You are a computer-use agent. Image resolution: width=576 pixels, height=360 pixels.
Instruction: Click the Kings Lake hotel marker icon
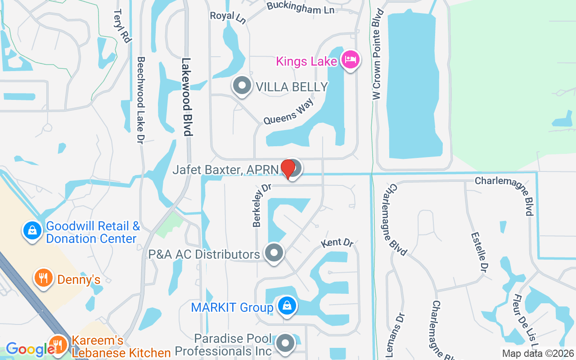click(x=351, y=59)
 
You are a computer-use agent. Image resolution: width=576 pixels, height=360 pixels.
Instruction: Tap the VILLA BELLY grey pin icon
click(x=242, y=85)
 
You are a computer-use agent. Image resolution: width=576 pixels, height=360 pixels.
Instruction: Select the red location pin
click(x=288, y=168)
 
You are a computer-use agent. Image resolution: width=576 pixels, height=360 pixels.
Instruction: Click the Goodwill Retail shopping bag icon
click(x=32, y=231)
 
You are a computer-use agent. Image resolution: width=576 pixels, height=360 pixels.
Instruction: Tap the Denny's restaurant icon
click(x=43, y=278)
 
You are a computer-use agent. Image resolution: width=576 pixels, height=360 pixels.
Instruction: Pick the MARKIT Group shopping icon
click(x=286, y=306)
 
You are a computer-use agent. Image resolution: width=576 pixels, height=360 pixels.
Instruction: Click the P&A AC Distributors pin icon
click(x=274, y=253)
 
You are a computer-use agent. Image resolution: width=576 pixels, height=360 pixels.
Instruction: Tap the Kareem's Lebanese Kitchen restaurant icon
click(x=58, y=345)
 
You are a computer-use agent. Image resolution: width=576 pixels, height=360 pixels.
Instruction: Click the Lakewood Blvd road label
click(x=187, y=97)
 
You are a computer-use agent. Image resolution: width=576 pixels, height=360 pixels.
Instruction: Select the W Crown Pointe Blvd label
click(x=377, y=54)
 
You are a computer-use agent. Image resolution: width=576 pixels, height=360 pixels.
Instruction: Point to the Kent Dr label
click(x=337, y=243)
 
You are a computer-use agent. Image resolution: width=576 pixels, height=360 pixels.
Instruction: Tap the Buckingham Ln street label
click(x=300, y=8)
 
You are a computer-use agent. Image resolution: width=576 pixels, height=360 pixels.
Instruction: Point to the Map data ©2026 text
click(x=538, y=354)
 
